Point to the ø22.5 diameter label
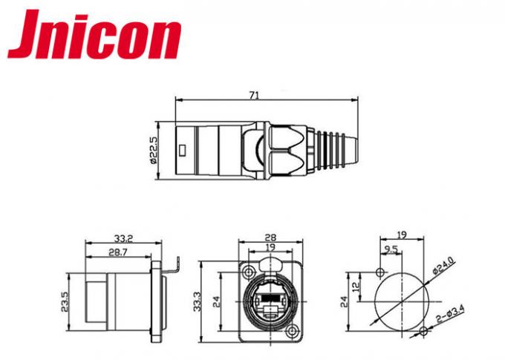pos(153,151)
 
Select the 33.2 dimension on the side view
pos(123,239)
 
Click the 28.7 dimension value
pos(117,253)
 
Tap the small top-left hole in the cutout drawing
pos(382,270)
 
